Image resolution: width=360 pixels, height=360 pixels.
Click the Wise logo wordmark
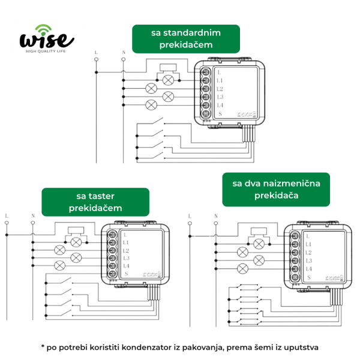click(47, 40)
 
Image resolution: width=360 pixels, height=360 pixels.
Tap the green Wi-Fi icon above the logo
click(43, 29)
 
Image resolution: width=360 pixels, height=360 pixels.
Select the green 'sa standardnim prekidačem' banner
click(186, 39)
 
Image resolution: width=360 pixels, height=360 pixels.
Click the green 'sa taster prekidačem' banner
click(95, 202)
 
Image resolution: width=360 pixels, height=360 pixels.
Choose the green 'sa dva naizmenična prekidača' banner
click(276, 190)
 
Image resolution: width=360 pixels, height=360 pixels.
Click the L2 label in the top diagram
click(220, 89)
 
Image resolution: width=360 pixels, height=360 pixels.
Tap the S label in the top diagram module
click(220, 113)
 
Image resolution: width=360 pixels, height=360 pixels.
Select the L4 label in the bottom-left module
click(126, 266)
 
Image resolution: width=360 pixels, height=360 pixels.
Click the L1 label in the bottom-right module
click(308, 244)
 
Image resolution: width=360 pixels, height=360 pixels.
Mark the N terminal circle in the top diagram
click(123, 59)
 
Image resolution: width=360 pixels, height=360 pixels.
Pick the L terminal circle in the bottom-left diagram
click(7, 223)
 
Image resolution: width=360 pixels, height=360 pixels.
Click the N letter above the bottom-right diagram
click(216, 216)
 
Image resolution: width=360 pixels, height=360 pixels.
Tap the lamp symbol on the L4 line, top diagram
click(151, 105)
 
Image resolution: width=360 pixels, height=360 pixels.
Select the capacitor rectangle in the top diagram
click(168, 67)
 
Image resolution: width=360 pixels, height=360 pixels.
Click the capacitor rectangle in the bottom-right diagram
click(259, 231)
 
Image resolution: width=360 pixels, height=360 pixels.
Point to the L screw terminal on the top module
click(206, 72)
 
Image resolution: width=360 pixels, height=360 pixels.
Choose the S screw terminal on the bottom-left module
click(113, 274)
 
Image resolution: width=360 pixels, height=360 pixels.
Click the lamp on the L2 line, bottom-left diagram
click(59, 250)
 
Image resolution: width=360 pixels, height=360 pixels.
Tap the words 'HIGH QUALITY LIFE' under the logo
click(46, 51)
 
